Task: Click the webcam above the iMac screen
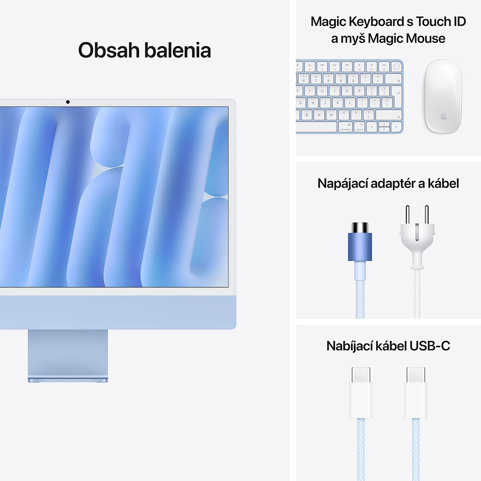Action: [x=68, y=102]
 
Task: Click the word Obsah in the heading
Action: [x=107, y=50]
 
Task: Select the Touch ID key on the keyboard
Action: [x=396, y=66]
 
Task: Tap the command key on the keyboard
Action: [x=345, y=127]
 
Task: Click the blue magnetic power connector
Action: [x=360, y=247]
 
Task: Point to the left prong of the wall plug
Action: [x=407, y=215]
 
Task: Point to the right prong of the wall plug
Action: [x=426, y=215]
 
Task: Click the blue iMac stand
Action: [x=68, y=356]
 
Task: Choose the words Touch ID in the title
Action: [x=441, y=22]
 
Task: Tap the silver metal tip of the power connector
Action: [x=360, y=228]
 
